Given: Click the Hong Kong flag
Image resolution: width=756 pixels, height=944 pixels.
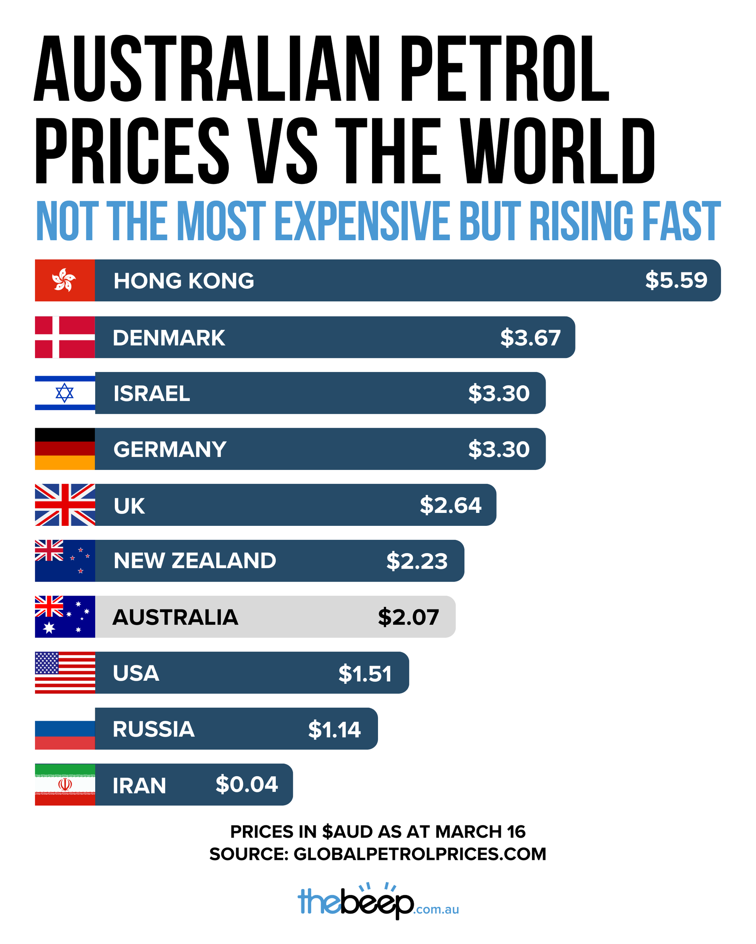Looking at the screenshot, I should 65,280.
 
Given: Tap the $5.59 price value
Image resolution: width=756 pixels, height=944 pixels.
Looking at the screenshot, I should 676,280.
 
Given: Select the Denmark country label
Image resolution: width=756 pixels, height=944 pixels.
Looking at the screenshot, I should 169,337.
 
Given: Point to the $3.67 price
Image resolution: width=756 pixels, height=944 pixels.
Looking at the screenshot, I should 530,337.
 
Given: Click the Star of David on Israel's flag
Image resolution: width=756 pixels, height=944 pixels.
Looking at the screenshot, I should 65,393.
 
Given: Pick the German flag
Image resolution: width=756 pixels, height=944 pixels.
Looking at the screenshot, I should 65,449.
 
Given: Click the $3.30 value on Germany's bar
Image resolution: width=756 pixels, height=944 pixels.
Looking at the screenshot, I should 499,449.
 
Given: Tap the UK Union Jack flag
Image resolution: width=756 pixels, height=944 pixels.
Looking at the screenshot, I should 65,505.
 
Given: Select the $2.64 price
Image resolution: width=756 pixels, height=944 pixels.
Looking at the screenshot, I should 450,505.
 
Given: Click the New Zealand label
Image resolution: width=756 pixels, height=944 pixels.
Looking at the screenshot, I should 195,561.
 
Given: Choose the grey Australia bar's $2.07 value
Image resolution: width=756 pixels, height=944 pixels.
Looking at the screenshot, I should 408,617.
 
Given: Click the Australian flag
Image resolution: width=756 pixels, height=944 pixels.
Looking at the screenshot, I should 65,617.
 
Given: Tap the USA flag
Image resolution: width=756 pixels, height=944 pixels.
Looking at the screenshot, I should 65,673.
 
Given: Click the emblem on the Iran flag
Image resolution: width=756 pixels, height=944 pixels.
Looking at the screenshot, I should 65,784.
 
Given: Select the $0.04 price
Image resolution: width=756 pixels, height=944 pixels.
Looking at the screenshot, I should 246,784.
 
